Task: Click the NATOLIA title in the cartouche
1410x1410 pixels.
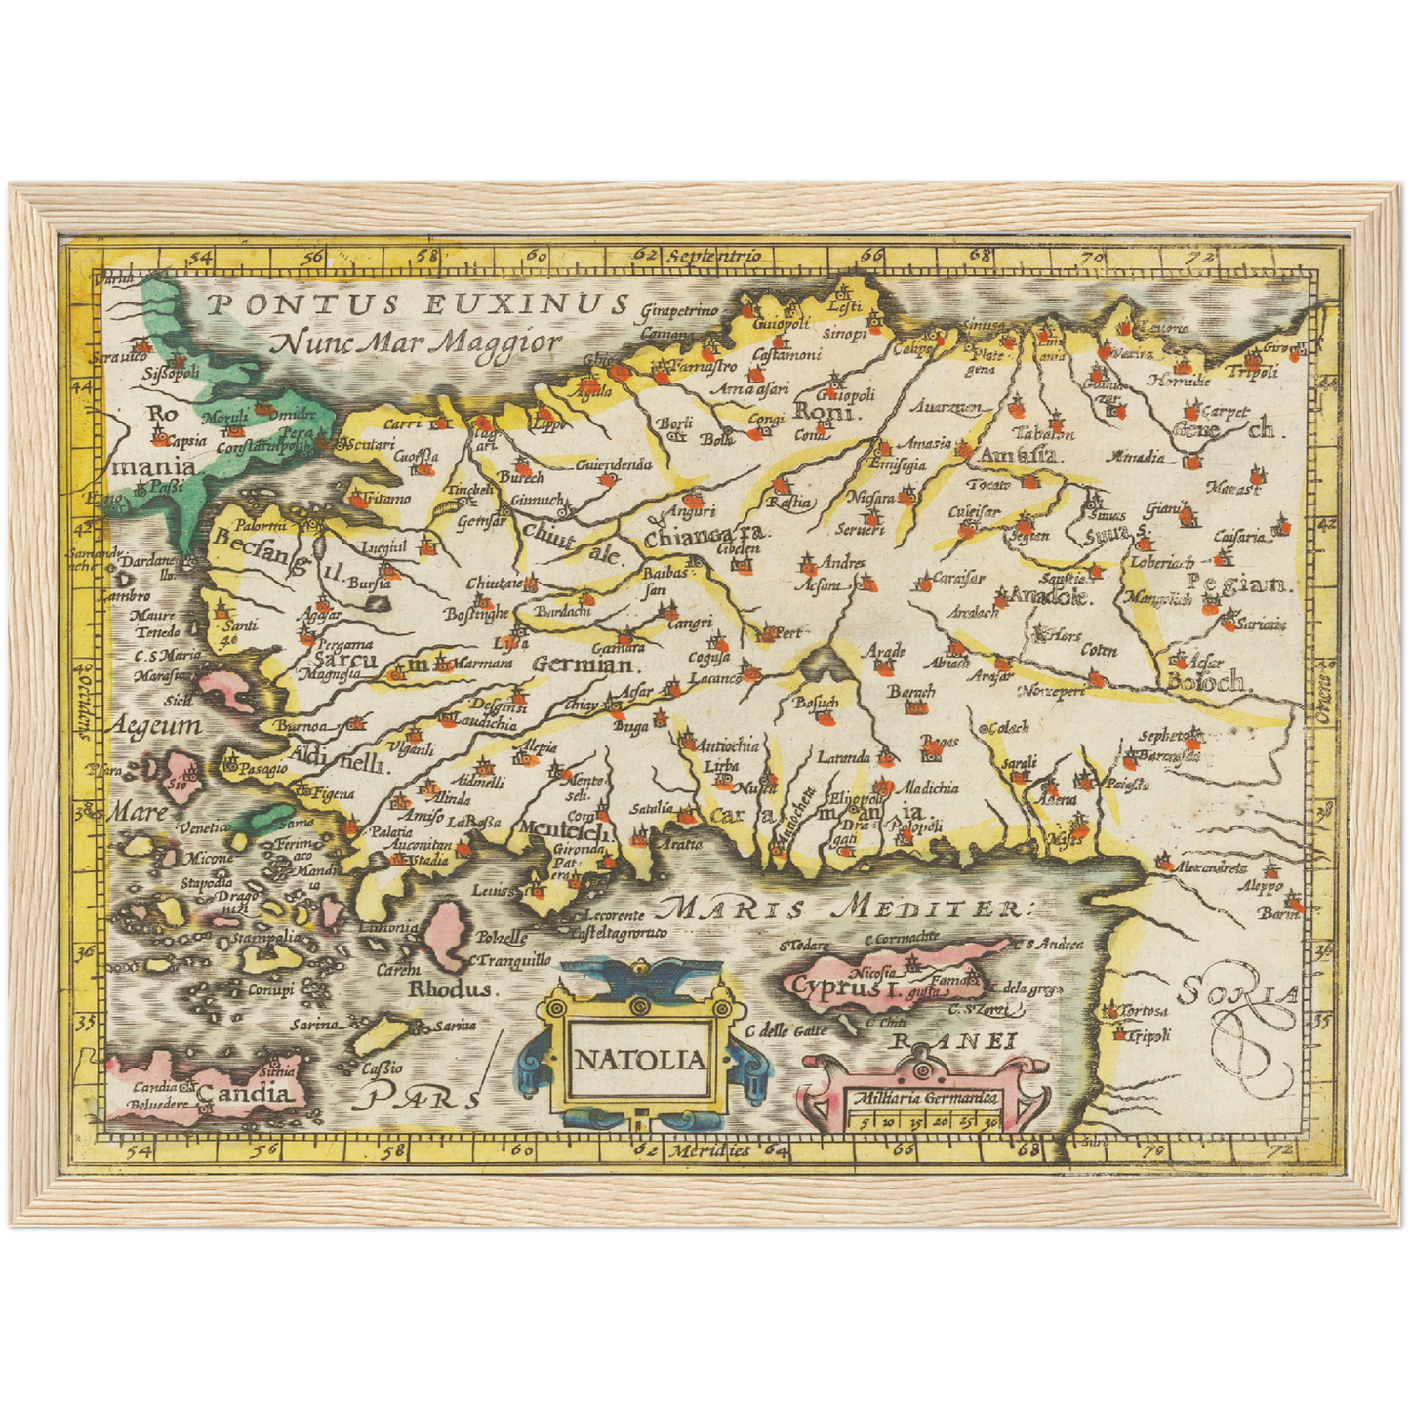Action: tap(639, 1061)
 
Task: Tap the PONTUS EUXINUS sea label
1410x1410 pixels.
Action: tap(418, 304)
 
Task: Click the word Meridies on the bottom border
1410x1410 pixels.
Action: tap(708, 1150)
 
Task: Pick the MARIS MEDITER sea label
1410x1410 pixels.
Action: tap(839, 908)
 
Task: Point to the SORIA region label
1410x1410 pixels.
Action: tap(1237, 993)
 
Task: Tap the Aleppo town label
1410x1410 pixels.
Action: tap(1261, 887)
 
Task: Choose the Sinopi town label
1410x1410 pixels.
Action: tap(845, 334)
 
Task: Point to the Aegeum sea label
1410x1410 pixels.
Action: tap(155, 726)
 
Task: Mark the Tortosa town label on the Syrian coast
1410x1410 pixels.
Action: tap(1143, 1011)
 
